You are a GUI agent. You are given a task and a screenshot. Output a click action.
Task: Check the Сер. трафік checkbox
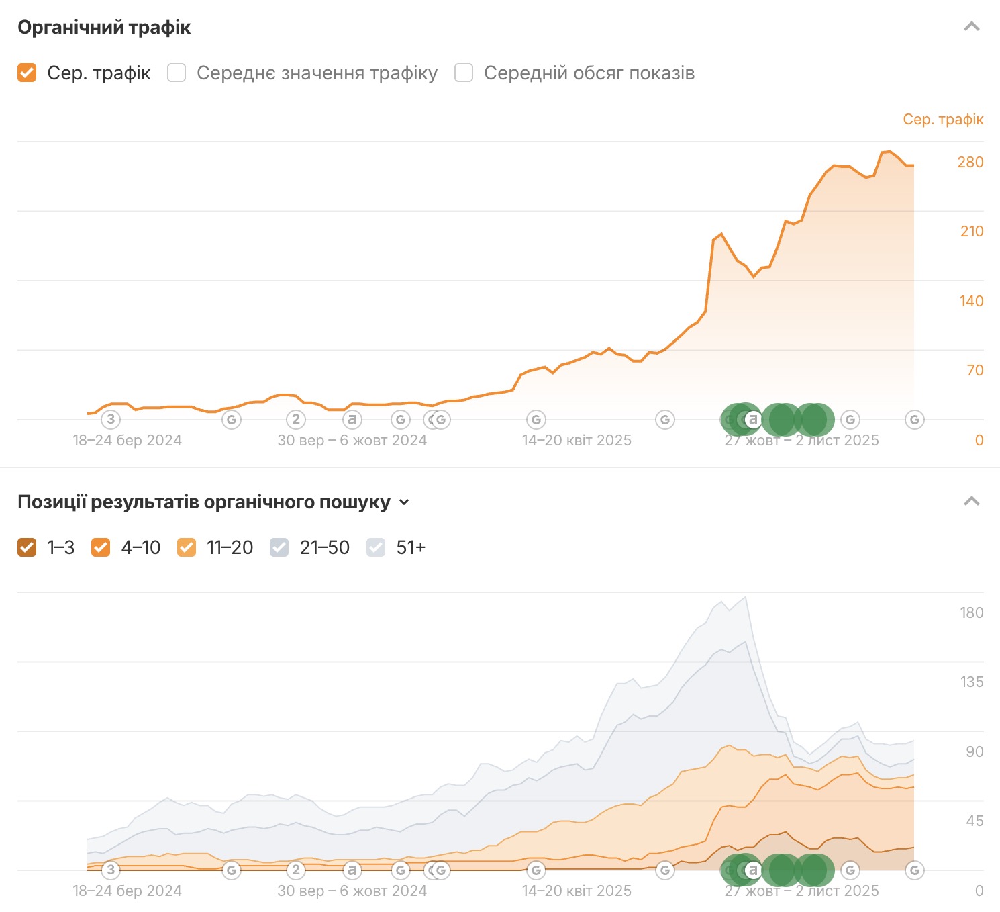click(27, 73)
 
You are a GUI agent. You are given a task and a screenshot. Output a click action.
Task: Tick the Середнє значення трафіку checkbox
click(177, 73)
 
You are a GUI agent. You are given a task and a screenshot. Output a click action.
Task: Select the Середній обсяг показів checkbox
click(464, 73)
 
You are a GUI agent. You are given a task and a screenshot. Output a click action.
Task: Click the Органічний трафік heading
click(104, 28)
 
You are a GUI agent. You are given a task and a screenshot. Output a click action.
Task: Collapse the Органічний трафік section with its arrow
click(971, 27)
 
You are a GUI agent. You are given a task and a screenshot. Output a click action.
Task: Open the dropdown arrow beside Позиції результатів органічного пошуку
click(404, 502)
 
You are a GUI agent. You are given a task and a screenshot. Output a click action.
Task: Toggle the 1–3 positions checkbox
click(27, 548)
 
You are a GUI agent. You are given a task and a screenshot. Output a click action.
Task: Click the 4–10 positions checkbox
click(101, 548)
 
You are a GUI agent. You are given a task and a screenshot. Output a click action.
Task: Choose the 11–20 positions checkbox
click(187, 548)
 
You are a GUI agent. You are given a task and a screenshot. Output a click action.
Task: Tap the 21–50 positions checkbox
click(279, 548)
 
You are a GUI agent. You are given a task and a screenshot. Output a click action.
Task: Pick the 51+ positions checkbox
click(376, 548)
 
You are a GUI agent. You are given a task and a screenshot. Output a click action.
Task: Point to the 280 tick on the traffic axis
click(970, 163)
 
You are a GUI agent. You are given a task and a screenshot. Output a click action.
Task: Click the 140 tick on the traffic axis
click(971, 302)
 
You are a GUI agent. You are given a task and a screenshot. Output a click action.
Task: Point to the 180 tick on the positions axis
click(971, 613)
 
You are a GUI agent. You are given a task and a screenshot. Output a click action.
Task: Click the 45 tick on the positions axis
click(974, 821)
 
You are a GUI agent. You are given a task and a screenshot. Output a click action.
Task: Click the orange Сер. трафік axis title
click(942, 120)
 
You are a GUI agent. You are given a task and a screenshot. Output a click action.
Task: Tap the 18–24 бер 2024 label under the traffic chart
click(127, 441)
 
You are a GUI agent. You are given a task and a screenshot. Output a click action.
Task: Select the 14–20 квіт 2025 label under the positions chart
click(577, 891)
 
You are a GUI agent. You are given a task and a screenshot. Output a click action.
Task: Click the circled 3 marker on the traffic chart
click(111, 420)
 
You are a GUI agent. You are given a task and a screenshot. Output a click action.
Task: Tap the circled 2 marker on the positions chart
click(296, 870)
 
